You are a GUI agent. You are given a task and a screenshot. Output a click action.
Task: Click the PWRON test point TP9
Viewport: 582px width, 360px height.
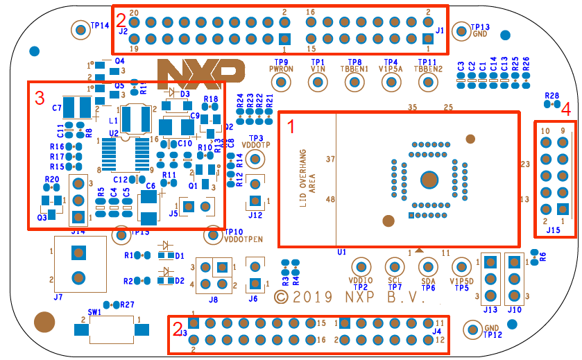coord(281,83)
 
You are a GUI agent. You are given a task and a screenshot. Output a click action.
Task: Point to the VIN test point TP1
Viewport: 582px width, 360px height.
coord(318,83)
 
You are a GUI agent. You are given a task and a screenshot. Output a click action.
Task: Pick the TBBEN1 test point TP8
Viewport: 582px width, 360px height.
coord(354,83)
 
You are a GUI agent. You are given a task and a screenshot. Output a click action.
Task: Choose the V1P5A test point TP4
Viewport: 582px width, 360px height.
coord(391,83)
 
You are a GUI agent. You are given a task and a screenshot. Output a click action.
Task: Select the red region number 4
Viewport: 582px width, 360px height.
coord(566,109)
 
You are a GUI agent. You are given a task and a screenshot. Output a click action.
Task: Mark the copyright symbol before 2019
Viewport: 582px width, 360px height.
coord(281,297)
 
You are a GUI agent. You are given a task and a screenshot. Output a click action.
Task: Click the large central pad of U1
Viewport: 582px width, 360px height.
coord(430,180)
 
